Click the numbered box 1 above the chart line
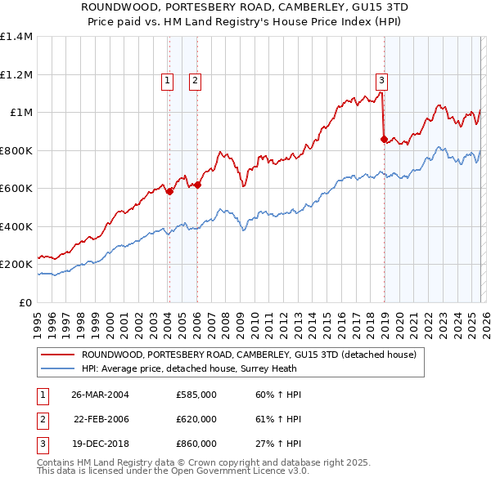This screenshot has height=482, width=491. [x=167, y=80]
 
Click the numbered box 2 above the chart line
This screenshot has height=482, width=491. [x=196, y=80]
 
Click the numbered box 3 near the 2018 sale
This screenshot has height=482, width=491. [x=381, y=80]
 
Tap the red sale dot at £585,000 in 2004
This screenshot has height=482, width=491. [x=169, y=192]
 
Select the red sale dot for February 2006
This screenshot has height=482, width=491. [x=198, y=185]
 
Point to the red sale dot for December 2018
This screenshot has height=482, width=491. [x=385, y=140]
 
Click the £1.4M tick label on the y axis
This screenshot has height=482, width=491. [x=16, y=37]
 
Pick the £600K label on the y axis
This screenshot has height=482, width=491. [x=16, y=189]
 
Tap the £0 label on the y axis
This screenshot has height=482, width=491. [x=26, y=303]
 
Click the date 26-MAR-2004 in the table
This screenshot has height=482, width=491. [x=101, y=395]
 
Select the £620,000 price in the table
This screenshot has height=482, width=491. [x=196, y=419]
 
